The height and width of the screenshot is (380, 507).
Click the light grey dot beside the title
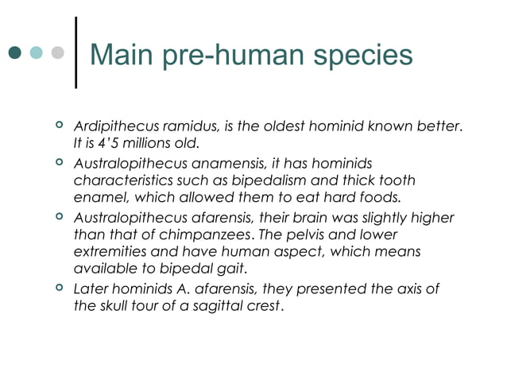tap(56, 54)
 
